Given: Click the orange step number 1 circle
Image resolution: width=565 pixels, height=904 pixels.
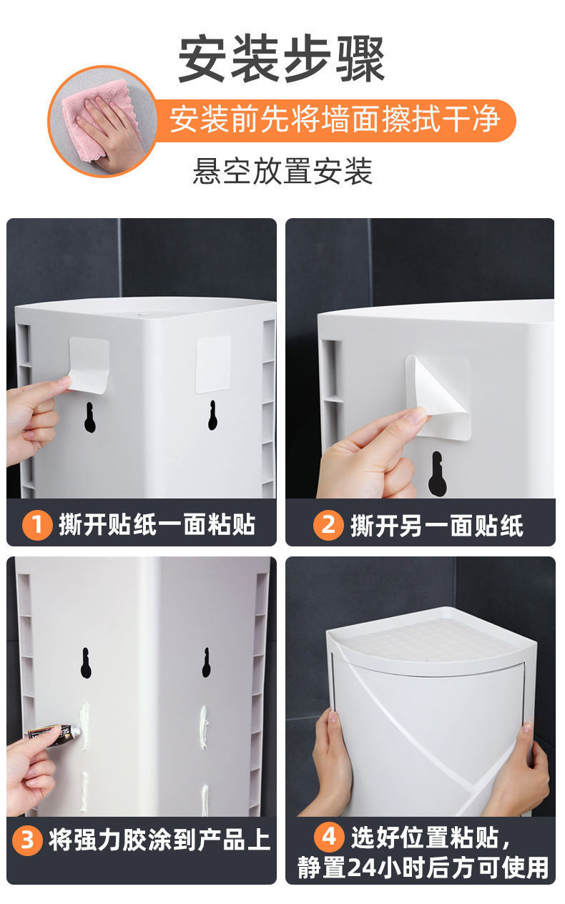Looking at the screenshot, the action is (x=37, y=525).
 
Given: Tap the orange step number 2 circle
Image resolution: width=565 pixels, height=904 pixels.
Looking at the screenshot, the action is (x=328, y=525).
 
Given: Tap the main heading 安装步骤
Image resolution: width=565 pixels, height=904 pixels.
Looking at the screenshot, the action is (x=281, y=59).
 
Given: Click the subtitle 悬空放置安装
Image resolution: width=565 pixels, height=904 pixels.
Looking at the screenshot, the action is (x=282, y=171).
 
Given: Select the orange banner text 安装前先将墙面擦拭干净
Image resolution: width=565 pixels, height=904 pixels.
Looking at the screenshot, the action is (x=335, y=119).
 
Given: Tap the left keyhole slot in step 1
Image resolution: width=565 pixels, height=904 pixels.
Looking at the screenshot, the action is (x=89, y=418).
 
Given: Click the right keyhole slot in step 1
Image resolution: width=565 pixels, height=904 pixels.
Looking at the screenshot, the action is (x=212, y=416).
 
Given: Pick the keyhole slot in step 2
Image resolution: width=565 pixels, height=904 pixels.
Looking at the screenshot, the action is (x=438, y=473).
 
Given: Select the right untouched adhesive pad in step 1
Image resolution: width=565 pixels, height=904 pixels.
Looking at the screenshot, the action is (x=213, y=365).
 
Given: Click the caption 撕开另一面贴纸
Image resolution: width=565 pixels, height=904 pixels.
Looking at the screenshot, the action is (x=437, y=526).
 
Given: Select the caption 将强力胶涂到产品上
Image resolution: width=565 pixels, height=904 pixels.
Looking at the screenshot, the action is (x=159, y=840).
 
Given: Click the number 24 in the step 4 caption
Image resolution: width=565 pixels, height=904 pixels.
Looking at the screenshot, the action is (x=361, y=868).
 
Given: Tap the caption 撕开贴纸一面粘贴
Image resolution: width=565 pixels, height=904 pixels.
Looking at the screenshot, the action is (x=157, y=525).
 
